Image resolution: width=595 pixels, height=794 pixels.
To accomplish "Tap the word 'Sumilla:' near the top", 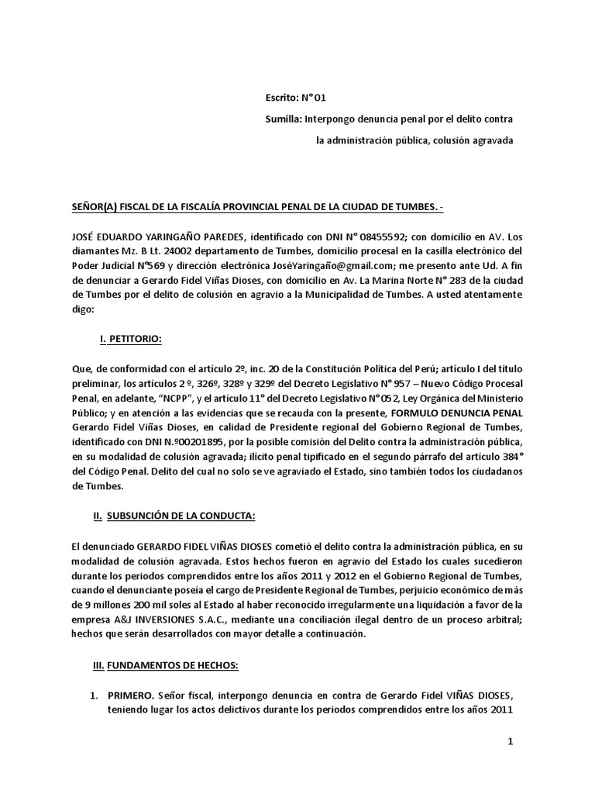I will tap(283, 119).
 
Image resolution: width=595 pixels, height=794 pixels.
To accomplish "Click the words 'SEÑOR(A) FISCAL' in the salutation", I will tap(112, 208).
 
